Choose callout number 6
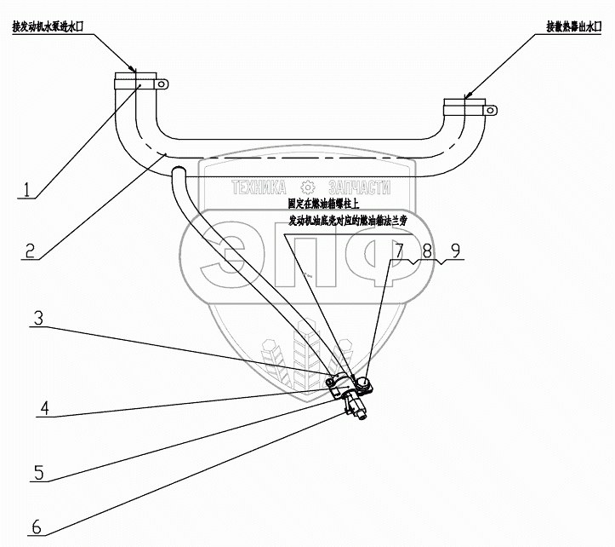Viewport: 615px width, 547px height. (x=35, y=527)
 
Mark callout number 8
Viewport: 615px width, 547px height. (x=427, y=250)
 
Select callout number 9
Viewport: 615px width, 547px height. (x=456, y=250)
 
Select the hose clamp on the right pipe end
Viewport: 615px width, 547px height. (x=464, y=108)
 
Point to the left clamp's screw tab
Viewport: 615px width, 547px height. (x=162, y=83)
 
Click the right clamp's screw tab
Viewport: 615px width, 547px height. (x=491, y=108)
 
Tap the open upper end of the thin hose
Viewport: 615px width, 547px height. (x=178, y=173)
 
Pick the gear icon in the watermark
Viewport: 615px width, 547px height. (x=309, y=187)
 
